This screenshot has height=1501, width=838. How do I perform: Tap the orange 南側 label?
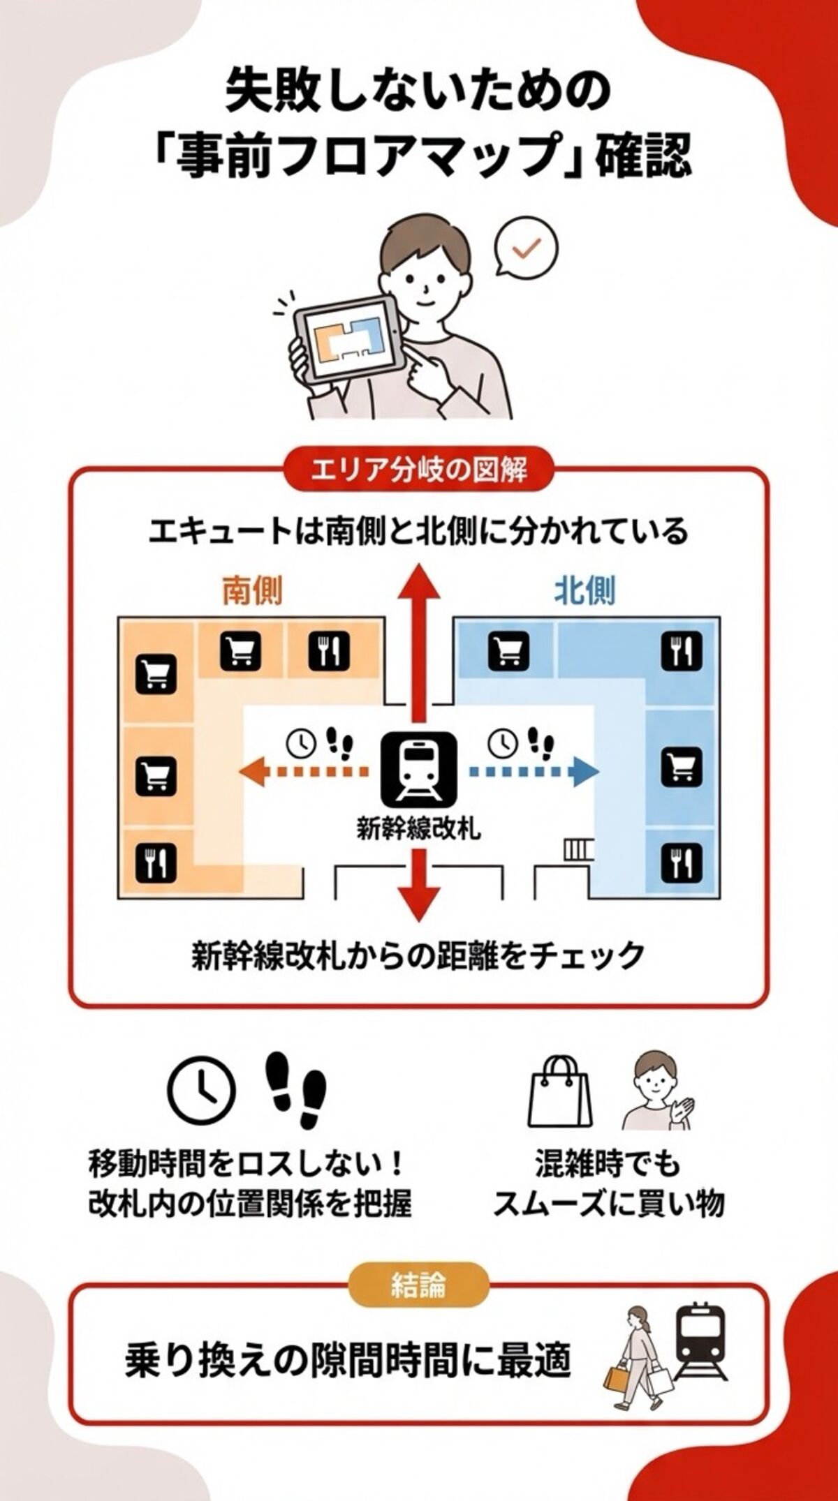252,592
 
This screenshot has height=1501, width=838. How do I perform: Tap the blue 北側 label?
585,592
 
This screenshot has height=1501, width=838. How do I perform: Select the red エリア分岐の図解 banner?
419,470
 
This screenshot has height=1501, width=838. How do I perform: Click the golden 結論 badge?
418,1286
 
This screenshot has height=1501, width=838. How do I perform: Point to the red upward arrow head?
419,583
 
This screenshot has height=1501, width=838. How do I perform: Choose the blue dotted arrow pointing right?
534,771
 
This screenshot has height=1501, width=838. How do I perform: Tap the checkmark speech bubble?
527,248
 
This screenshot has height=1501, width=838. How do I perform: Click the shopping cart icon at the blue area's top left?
508,649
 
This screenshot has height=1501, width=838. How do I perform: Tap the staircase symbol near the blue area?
578,849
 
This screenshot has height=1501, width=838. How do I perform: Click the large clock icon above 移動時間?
200,1089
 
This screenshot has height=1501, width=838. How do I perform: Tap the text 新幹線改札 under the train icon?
418,829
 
